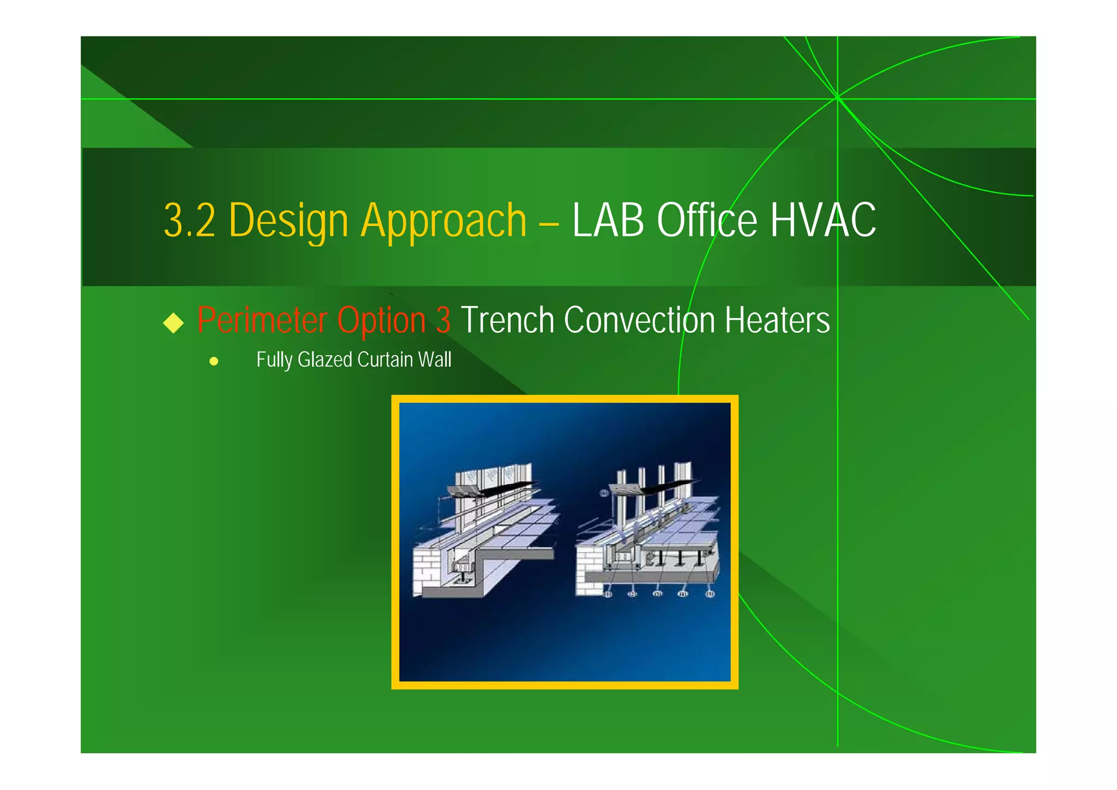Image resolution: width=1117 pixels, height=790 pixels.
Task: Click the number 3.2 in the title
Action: tap(189, 220)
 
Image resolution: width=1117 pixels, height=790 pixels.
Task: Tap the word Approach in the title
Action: tap(444, 220)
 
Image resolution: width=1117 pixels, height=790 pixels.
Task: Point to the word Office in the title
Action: tap(707, 220)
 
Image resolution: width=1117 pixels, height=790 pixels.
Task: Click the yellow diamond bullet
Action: tap(173, 322)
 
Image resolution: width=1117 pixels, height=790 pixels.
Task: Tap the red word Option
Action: tap(381, 320)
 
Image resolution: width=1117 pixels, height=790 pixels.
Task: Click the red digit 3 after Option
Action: tap(443, 320)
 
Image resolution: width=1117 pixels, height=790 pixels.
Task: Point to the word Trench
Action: tap(507, 320)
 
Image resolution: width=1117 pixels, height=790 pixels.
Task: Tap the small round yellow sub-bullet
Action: tap(214, 361)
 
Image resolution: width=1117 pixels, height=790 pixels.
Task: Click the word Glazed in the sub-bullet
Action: tap(325, 360)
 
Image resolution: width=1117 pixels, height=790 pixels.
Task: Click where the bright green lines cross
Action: tap(837, 99)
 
